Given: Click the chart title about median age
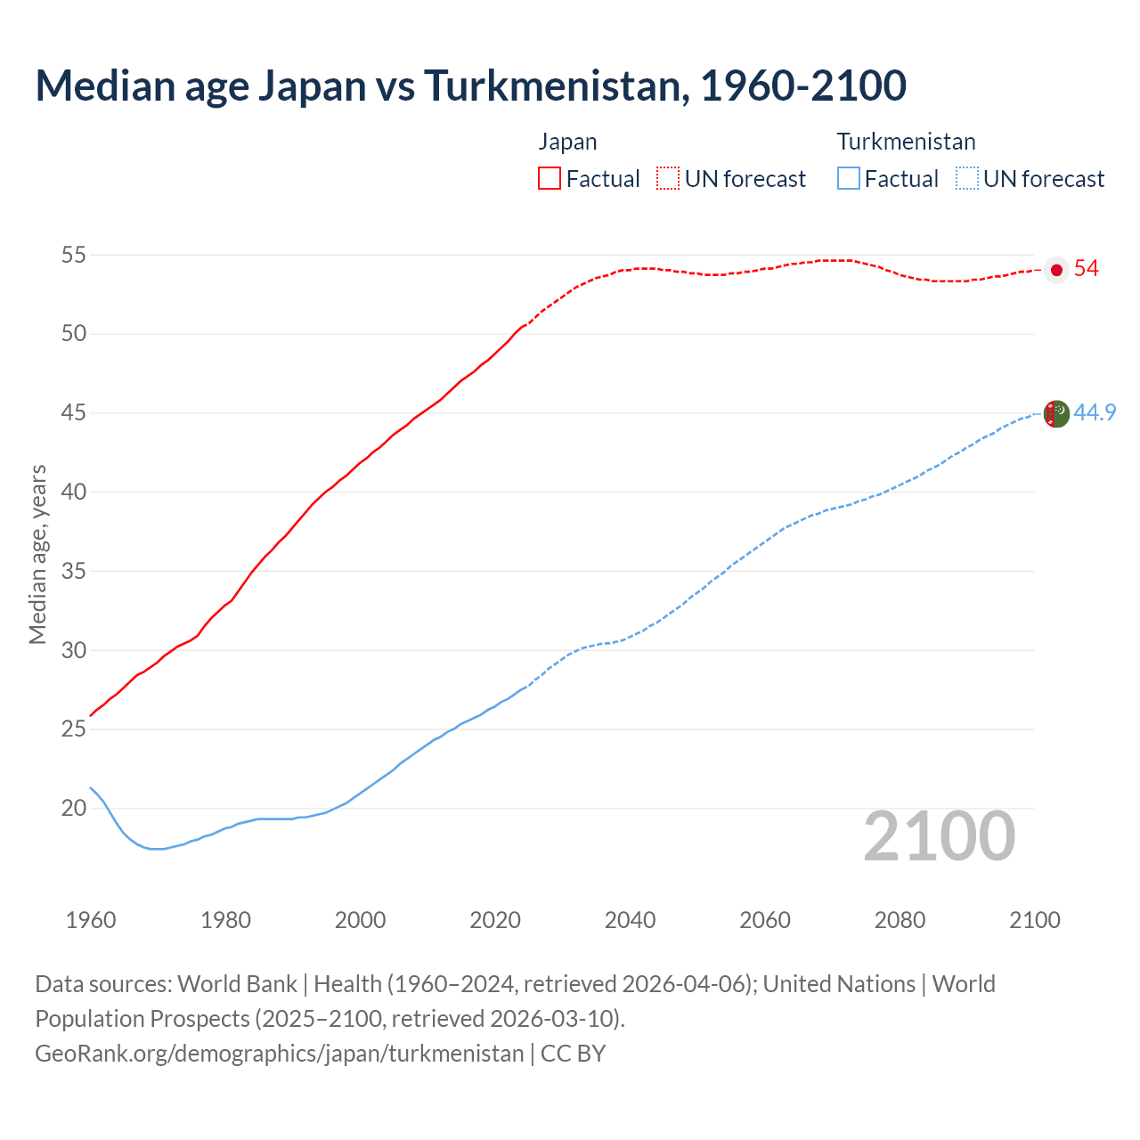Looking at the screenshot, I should tap(470, 85).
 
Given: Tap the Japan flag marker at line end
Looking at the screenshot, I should tap(1056, 270).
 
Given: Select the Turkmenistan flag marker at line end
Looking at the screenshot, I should tap(1056, 413).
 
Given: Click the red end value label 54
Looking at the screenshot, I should tap(1086, 269).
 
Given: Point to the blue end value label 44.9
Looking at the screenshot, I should tap(1095, 412).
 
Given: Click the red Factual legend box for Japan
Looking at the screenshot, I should tap(550, 178).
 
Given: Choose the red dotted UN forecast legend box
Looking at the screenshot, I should tap(668, 178).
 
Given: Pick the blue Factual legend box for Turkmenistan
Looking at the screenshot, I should tap(849, 178).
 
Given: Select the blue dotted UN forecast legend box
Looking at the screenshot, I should tap(966, 178).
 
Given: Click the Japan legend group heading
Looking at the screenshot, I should tap(567, 142).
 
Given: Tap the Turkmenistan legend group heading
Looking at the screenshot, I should tap(906, 142).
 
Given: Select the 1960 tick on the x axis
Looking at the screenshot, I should tap(91, 920).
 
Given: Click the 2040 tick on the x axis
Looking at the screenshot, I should tap(630, 920).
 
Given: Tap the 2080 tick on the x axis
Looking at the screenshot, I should tap(900, 920).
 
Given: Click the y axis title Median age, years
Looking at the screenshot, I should tap(37, 554).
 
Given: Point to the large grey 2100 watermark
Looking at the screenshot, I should tap(939, 836).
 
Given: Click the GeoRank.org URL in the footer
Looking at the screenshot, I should tap(279, 1054).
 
